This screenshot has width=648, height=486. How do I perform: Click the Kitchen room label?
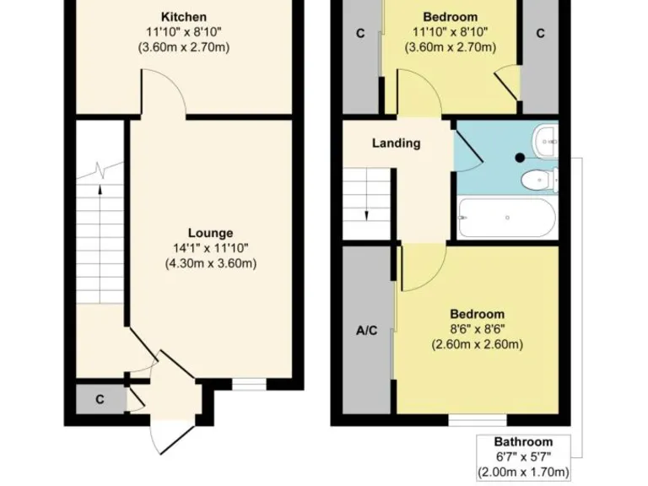coord(183,17)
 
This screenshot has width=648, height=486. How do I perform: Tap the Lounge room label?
coord(210,233)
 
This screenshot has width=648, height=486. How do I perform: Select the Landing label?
coord(396,143)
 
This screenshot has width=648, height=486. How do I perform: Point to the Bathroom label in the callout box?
coord(523,442)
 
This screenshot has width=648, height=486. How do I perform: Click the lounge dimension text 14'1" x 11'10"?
coord(210,248)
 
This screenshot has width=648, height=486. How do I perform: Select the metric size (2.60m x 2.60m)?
coord(477,344)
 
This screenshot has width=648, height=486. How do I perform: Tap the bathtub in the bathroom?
coord(505,218)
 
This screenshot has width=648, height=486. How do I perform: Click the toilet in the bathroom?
coord(537,180)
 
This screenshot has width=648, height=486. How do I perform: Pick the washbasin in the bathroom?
coord(546,137)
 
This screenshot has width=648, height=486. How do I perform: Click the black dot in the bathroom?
coord(520,157)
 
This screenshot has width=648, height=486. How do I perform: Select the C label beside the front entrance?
coord(99,400)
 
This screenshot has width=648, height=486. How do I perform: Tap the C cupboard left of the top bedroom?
coord(360,34)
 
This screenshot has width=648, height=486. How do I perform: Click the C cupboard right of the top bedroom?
coord(540,34)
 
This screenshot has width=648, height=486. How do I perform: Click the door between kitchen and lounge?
coord(164,94)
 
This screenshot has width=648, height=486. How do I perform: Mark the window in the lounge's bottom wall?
coord(248,384)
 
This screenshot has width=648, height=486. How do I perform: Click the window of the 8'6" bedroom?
coord(477,418)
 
